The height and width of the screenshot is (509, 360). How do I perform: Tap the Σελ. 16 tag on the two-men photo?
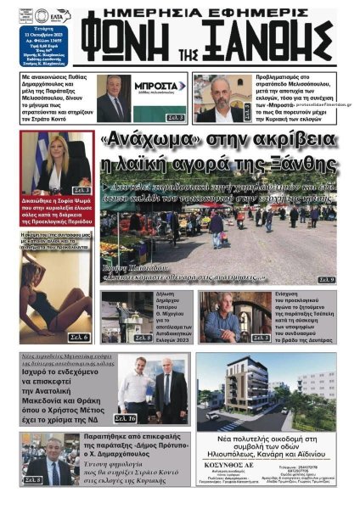click(126, 418)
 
